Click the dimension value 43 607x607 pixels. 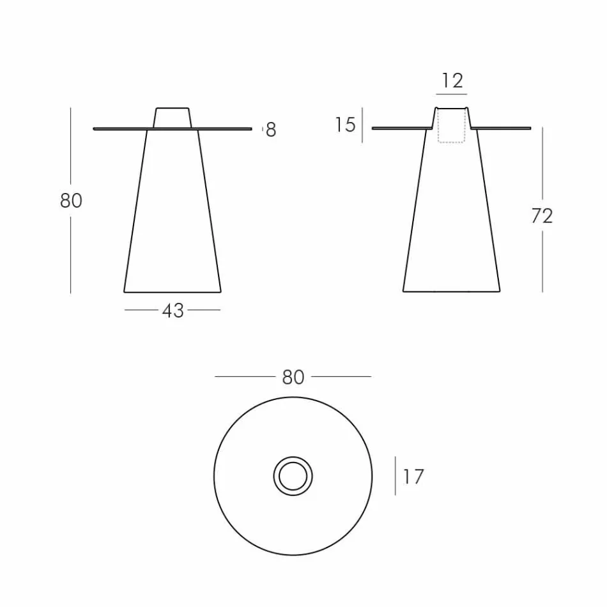[173, 311]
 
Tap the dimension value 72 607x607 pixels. [542, 216]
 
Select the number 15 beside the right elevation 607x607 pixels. [345, 125]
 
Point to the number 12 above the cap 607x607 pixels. [452, 81]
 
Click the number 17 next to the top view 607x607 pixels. [413, 477]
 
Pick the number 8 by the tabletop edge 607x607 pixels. [271, 130]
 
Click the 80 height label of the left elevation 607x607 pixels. [71, 201]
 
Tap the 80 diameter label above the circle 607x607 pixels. [293, 378]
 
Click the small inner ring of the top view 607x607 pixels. [293, 477]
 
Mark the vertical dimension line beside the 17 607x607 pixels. [395, 475]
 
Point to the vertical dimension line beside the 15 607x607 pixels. [362, 125]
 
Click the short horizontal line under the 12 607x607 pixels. [452, 94]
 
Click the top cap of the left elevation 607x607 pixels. [173, 118]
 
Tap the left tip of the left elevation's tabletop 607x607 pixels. [95, 129]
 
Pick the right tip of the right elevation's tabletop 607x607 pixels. [530, 128]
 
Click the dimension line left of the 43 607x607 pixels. [142, 311]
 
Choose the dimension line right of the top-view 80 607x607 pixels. [341, 377]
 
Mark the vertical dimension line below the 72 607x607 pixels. [542, 261]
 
